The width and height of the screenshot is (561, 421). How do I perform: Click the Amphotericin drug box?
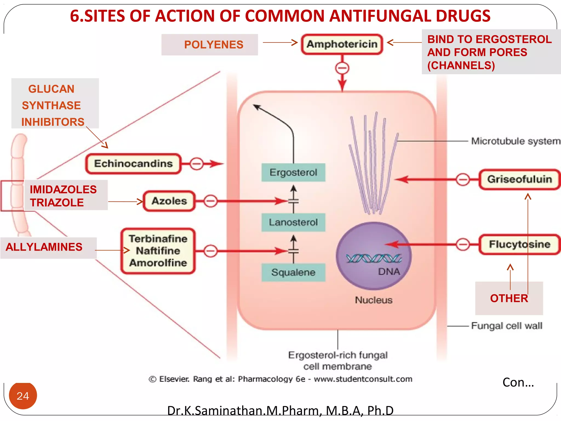342,44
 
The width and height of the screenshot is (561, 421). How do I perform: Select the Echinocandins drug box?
133,164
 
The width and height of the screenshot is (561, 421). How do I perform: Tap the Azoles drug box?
169,201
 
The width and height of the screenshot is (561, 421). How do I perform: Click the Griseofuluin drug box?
519,179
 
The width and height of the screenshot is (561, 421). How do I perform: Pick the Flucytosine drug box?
519,244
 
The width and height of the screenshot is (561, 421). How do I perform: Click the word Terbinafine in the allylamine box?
158,239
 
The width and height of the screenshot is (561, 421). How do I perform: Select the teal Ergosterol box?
293,172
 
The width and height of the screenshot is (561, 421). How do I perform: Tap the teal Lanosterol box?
293,222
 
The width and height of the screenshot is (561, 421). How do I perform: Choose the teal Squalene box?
293,272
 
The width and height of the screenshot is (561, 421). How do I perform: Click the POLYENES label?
213,45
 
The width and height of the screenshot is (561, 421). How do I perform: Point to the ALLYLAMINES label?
44,247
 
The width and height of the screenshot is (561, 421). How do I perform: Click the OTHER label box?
509,298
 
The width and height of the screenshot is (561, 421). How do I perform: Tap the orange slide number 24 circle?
23,396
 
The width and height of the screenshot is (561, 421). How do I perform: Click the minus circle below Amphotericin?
342,68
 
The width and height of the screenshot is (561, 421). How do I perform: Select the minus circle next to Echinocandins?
197,164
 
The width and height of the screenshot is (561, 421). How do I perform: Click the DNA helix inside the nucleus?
374,258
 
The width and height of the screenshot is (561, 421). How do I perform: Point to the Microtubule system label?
515,141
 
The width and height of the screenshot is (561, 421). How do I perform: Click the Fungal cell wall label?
506,326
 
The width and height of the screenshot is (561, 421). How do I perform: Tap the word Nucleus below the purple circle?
374,300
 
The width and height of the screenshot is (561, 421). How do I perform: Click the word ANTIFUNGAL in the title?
380,16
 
